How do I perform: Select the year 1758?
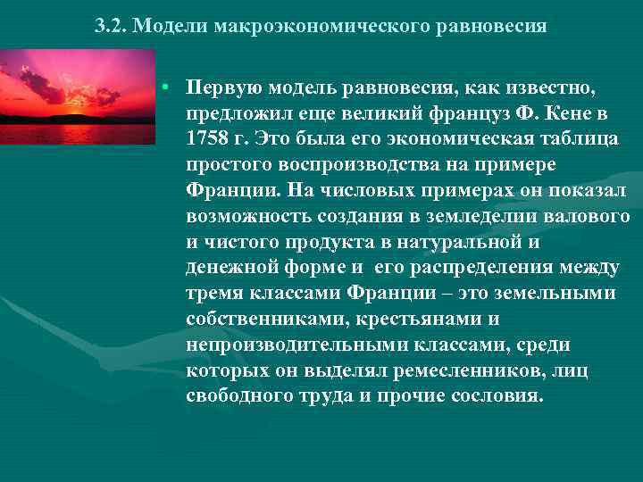210,140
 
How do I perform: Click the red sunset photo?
78,96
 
